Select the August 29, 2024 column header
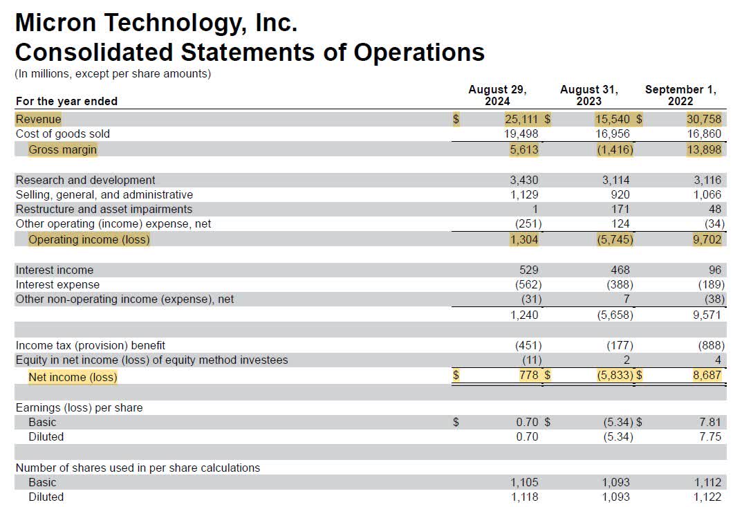tap(497, 95)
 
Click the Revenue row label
tap(39, 119)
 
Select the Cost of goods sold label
tap(63, 133)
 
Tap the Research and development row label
tap(86, 180)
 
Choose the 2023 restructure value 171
tap(620, 209)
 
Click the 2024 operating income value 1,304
tap(523, 240)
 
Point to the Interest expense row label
tap(58, 284)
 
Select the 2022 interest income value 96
tap(714, 270)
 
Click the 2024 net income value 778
tap(528, 376)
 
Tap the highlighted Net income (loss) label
tap(73, 377)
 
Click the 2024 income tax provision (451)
tap(528, 345)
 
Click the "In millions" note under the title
tap(113, 73)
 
